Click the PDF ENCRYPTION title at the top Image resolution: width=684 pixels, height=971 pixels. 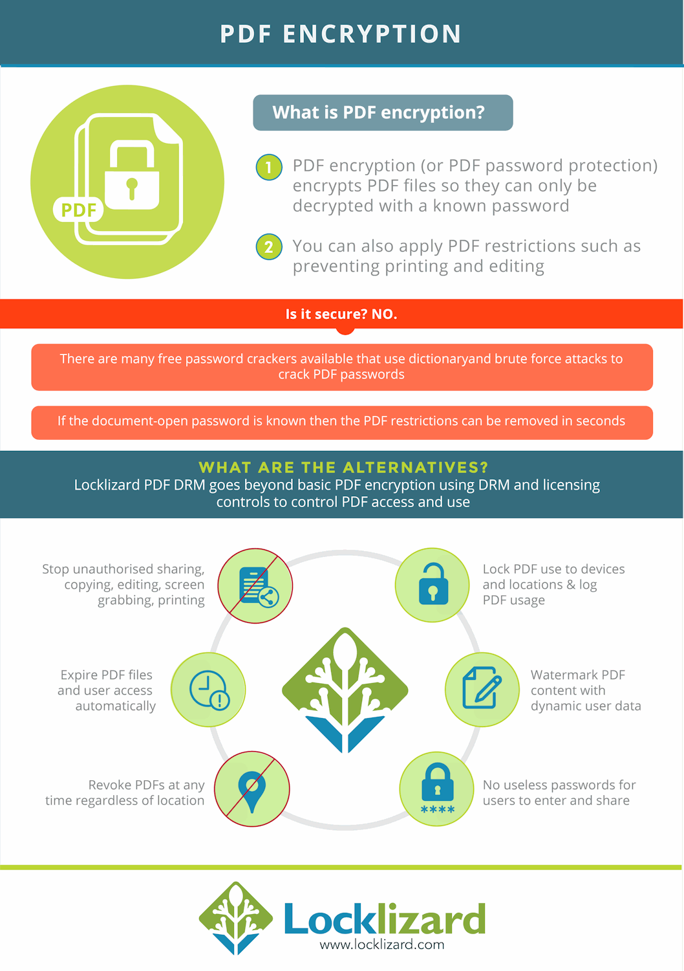tap(341, 34)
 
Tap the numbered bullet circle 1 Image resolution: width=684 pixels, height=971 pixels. tap(269, 168)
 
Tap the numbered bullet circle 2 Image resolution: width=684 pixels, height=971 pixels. tap(269, 246)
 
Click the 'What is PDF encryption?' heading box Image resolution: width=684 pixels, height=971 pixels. tap(383, 113)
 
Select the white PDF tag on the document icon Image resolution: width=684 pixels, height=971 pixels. tap(78, 210)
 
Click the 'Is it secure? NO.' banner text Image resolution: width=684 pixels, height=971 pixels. tap(341, 314)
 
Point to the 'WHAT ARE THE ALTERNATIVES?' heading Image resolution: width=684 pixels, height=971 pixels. tap(343, 467)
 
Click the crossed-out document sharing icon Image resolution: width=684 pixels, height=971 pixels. tap(255, 586)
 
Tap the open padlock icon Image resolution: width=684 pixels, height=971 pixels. tap(433, 585)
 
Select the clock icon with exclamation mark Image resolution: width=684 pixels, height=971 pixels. tap(209, 690)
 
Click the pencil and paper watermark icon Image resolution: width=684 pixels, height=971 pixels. tap(482, 688)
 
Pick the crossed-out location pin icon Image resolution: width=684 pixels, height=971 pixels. tap(252, 789)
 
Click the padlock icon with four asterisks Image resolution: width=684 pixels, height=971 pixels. tap(437, 789)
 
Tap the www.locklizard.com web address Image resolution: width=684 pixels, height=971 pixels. tap(382, 944)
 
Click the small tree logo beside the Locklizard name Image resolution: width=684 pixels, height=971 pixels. tap(236, 918)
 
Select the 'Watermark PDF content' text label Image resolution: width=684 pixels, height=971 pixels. tap(585, 690)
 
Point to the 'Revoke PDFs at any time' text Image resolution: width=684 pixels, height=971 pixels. tap(125, 792)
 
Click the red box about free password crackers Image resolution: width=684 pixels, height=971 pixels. tap(342, 367)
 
